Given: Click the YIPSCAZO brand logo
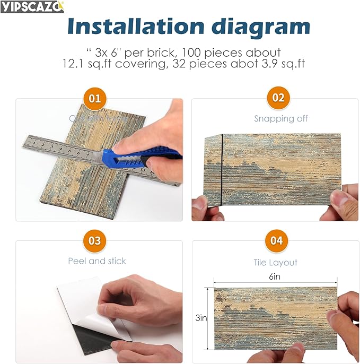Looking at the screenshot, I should pyautogui.click(x=32, y=6).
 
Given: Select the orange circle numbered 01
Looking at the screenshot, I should pyautogui.click(x=94, y=99).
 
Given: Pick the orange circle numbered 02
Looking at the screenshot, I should pyautogui.click(x=278, y=98).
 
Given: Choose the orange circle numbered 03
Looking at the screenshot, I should pyautogui.click(x=94, y=241).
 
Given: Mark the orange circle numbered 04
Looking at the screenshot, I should pyautogui.click(x=276, y=241).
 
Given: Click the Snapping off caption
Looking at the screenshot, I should pyautogui.click(x=280, y=118).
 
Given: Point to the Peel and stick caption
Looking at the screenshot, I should pyautogui.click(x=97, y=261).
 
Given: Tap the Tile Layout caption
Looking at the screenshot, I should pyautogui.click(x=276, y=263).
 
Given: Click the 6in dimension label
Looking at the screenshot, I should pyautogui.click(x=274, y=276).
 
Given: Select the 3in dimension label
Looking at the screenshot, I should pyautogui.click(x=201, y=318).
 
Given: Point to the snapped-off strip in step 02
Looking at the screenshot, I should pyautogui.click(x=213, y=170).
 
